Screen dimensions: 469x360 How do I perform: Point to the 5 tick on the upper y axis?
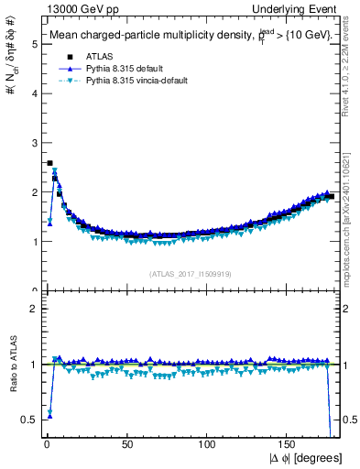[30, 43]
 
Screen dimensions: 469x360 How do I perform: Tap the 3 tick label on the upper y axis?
[30, 142]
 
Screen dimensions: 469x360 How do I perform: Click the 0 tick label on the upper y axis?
[30, 290]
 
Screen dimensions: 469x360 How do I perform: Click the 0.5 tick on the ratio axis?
[27, 420]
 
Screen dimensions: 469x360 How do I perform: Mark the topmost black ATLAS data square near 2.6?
[49, 163]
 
